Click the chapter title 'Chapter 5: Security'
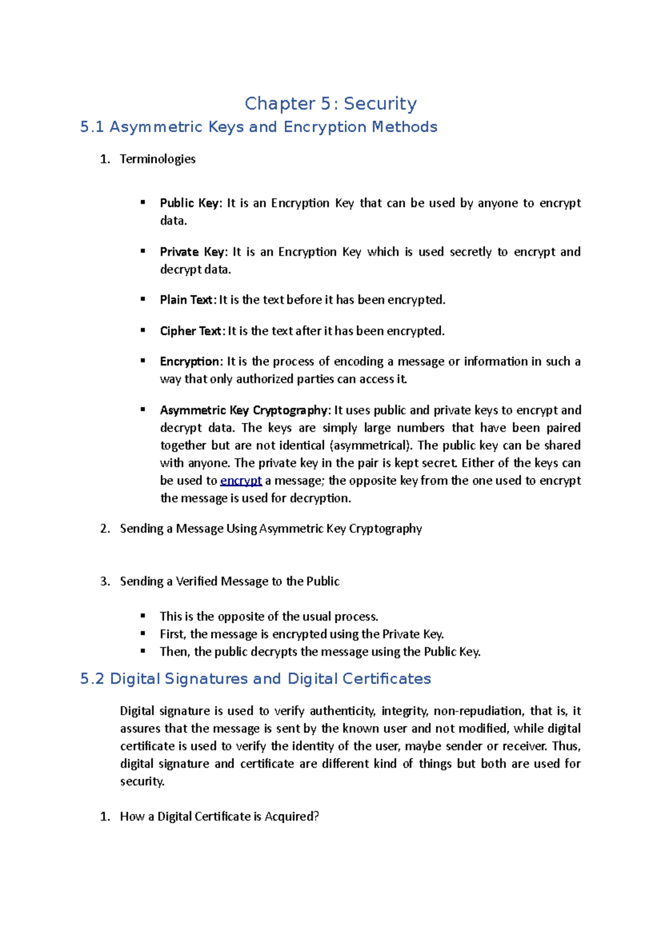tap(330, 104)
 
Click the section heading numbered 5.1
tap(258, 127)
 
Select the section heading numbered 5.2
tap(255, 679)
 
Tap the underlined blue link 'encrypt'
tap(241, 481)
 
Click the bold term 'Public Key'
tap(189, 203)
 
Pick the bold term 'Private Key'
tap(192, 252)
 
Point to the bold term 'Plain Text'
tap(186, 300)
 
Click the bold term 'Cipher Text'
tap(191, 331)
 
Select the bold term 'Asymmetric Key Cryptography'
tap(243, 410)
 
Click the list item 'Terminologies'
tap(158, 159)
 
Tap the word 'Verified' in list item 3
tap(197, 581)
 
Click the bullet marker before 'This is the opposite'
tap(143, 616)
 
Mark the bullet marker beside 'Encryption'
tap(143, 361)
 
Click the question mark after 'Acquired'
tap(316, 817)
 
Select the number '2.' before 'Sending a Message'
tap(105, 529)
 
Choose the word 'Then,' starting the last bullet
tap(175, 652)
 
